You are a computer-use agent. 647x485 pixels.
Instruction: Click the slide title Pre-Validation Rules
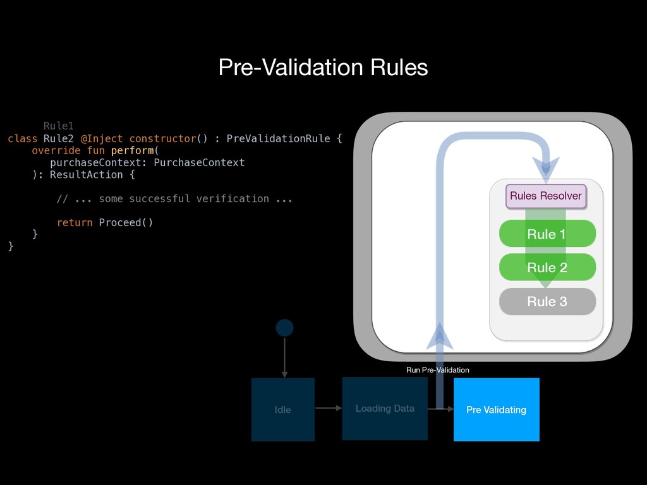323,67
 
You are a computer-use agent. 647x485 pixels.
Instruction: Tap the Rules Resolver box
546,196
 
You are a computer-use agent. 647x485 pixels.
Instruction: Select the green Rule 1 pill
547,234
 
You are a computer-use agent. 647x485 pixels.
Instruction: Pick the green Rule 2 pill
547,267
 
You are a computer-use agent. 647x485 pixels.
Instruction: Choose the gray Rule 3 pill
547,301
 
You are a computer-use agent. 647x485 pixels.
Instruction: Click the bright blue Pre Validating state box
497,409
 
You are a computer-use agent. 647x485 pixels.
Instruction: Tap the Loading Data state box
385,409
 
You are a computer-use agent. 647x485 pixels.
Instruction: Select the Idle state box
283,409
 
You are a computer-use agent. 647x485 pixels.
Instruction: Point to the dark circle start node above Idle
285,328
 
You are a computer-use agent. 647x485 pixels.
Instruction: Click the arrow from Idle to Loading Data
329,409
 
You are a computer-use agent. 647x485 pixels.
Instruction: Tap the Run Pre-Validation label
438,370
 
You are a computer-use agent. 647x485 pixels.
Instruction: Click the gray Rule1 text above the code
59,126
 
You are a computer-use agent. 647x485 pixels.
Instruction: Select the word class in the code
22,138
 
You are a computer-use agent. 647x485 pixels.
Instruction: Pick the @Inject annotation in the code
102,138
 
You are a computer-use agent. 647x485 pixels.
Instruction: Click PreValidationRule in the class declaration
278,138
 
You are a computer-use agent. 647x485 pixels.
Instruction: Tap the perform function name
133,150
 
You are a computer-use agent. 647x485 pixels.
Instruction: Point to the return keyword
75,223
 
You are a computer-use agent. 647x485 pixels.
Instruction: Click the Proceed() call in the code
126,223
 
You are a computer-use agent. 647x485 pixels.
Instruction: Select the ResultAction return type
86,175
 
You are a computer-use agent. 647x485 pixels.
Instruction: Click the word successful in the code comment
159,199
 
